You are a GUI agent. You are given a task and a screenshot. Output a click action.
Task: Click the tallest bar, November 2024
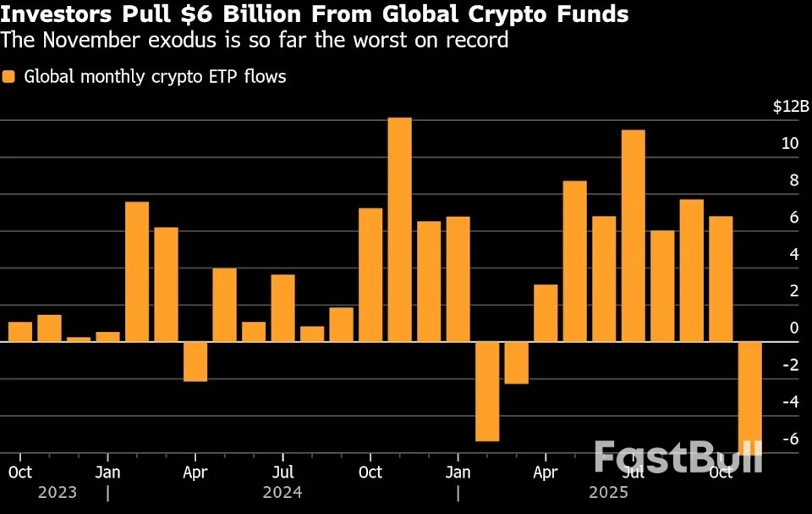coord(399,229)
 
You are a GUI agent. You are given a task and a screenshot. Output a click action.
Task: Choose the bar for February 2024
coord(137,271)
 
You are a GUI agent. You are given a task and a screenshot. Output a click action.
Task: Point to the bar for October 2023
coord(20,332)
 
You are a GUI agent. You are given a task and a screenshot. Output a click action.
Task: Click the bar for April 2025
coord(546,312)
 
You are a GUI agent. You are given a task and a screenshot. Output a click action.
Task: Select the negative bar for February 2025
coord(516,362)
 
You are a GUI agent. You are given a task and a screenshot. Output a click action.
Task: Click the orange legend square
coord(9,77)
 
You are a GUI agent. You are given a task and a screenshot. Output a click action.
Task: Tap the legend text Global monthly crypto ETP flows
coord(155,77)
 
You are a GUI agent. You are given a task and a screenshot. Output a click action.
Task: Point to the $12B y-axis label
coord(791,106)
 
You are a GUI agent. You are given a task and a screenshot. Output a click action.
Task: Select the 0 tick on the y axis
coord(793,328)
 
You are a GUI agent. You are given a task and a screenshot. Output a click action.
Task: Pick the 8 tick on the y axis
coord(793,180)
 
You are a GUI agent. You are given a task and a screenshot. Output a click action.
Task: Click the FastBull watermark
coord(678,457)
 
